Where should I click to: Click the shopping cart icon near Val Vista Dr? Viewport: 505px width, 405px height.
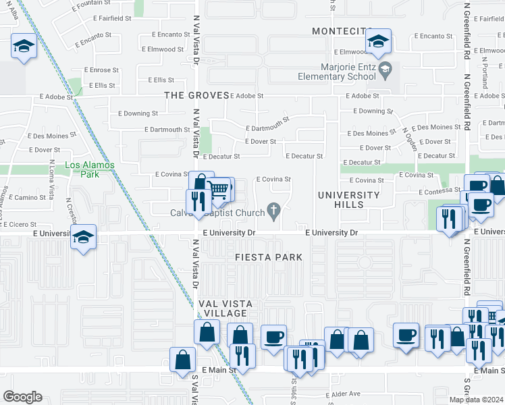[219, 190]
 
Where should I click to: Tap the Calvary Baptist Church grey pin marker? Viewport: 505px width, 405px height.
[273, 211]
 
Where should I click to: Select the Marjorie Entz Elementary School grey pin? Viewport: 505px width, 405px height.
[385, 68]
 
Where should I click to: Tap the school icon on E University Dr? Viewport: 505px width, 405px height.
[83, 238]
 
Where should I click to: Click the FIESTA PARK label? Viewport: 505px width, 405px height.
[269, 257]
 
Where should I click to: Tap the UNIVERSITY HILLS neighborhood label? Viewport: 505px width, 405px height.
[350, 200]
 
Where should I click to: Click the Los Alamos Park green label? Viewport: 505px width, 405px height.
[90, 169]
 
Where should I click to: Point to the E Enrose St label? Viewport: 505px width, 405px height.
[101, 70]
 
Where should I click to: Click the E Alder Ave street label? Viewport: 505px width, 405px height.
[344, 394]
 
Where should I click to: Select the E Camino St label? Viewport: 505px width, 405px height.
[30, 197]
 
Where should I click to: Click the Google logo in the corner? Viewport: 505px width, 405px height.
[22, 397]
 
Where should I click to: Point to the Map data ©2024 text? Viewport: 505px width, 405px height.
[476, 400]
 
